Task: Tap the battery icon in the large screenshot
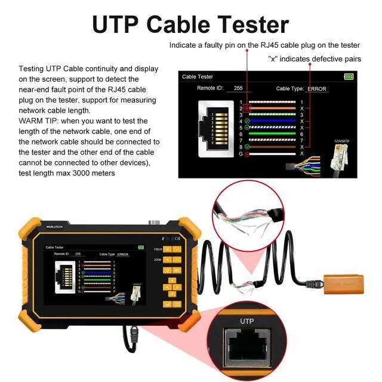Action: [349, 76]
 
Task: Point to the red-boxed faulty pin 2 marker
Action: [248, 109]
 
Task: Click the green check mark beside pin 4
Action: [248, 121]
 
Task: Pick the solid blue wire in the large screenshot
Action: [275, 121]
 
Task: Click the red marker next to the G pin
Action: [248, 153]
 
